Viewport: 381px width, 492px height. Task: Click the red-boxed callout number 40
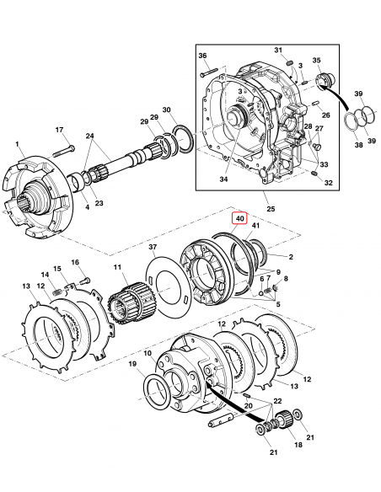(x=240, y=219)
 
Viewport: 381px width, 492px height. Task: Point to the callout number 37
(x=153, y=247)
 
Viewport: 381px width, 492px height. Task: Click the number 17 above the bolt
(x=59, y=129)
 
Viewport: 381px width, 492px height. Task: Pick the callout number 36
(x=202, y=56)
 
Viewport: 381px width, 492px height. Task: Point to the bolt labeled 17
(x=68, y=152)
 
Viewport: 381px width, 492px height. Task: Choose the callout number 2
(x=291, y=256)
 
